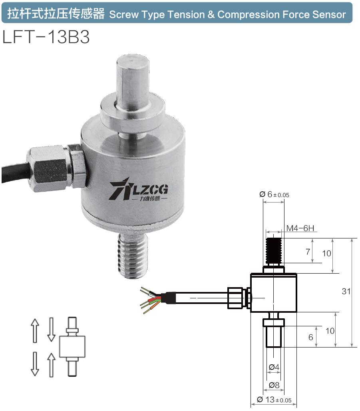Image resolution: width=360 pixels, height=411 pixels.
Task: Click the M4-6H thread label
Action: pyautogui.click(x=301, y=229)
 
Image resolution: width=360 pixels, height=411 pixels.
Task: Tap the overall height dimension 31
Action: pyautogui.click(x=346, y=292)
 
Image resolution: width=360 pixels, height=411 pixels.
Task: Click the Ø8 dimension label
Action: pyautogui.click(x=274, y=385)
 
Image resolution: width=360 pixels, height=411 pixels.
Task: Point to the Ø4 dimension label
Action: pyautogui.click(x=274, y=367)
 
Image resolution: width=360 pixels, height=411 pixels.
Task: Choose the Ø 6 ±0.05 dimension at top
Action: pyautogui.click(x=274, y=195)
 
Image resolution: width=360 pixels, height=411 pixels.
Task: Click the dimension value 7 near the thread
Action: pyautogui.click(x=308, y=252)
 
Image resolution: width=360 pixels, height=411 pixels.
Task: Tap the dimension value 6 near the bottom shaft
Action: pyautogui.click(x=311, y=337)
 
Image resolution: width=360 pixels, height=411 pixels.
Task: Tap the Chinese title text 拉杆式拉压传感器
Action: pyautogui.click(x=56, y=15)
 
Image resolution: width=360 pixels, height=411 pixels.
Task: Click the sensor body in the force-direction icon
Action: pyautogui.click(x=72, y=346)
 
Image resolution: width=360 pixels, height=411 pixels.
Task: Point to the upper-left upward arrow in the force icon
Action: pyautogui.click(x=35, y=330)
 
